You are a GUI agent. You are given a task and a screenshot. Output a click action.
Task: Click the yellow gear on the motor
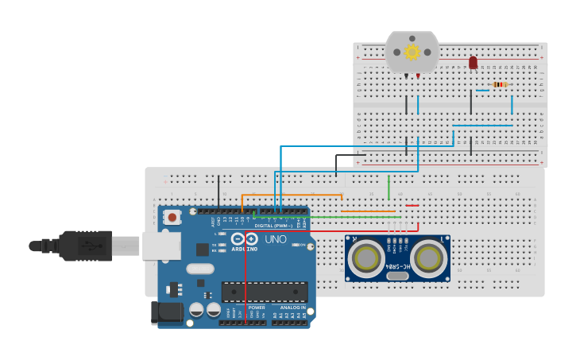412,52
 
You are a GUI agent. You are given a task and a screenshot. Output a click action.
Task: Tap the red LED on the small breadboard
474,62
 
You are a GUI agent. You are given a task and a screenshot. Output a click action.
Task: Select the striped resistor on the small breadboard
500,84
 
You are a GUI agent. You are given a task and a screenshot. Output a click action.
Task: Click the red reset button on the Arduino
172,215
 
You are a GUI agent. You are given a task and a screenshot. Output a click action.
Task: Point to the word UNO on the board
275,239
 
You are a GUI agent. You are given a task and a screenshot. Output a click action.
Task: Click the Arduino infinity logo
245,238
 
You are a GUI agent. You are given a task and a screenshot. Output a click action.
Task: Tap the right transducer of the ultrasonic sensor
428,257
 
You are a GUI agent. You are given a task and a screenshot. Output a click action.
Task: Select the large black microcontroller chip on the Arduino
265,292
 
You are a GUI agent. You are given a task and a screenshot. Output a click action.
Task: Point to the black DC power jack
167,312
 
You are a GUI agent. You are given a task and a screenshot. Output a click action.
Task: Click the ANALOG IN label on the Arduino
292,308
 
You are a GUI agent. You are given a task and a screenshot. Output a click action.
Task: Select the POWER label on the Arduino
257,308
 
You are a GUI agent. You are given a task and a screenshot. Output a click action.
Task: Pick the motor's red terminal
418,75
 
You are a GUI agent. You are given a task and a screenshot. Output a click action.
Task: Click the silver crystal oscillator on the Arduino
200,269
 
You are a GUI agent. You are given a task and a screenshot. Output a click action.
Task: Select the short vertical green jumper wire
389,188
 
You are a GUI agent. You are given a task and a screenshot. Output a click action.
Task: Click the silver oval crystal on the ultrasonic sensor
397,277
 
